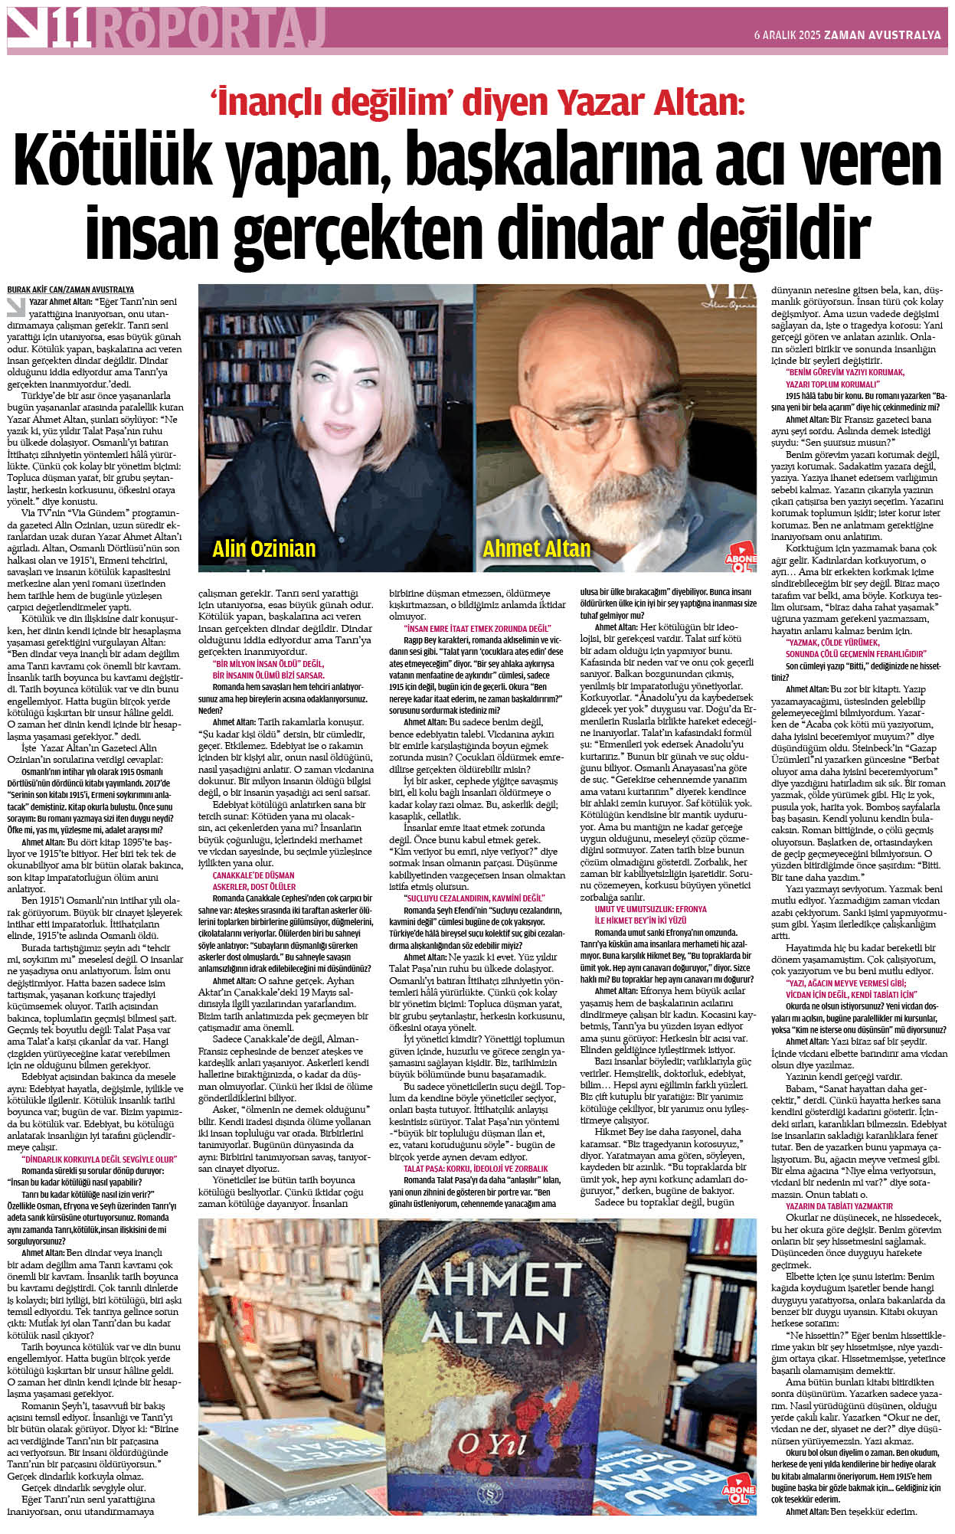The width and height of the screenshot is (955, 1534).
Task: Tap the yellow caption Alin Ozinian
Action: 263,548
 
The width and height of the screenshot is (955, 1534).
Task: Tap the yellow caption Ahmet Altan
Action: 536,548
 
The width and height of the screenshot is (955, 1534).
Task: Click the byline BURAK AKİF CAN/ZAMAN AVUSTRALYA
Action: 70,289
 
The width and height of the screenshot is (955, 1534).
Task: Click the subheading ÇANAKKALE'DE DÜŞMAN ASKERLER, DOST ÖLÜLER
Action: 253,881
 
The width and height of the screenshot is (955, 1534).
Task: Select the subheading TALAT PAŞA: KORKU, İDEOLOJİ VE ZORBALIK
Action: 476,1169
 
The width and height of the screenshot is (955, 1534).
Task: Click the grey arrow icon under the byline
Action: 15,306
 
